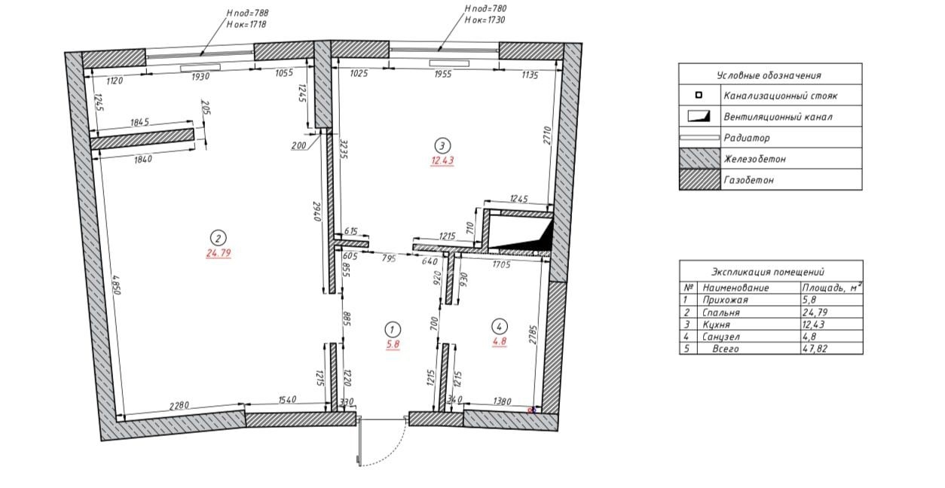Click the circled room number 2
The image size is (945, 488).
(x=218, y=239)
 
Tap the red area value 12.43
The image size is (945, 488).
(x=442, y=160)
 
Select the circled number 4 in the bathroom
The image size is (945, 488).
(x=500, y=327)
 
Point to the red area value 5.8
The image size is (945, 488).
(x=393, y=344)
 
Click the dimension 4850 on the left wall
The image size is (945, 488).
(x=117, y=285)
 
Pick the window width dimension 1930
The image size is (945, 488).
(x=200, y=77)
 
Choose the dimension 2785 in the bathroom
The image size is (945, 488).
(x=533, y=334)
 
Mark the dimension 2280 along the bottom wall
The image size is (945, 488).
(x=179, y=405)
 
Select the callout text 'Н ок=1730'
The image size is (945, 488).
(x=485, y=20)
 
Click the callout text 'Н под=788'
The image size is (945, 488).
(x=247, y=13)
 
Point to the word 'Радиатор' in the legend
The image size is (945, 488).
(x=747, y=138)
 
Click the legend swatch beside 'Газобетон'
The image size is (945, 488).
(x=700, y=179)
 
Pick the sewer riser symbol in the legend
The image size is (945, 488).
(x=699, y=95)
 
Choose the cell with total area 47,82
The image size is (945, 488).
(x=815, y=349)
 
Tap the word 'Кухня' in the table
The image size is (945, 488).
(x=717, y=325)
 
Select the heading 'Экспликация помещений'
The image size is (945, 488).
(x=768, y=272)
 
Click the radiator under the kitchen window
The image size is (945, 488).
(x=449, y=63)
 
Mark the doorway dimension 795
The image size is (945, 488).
(x=389, y=258)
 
